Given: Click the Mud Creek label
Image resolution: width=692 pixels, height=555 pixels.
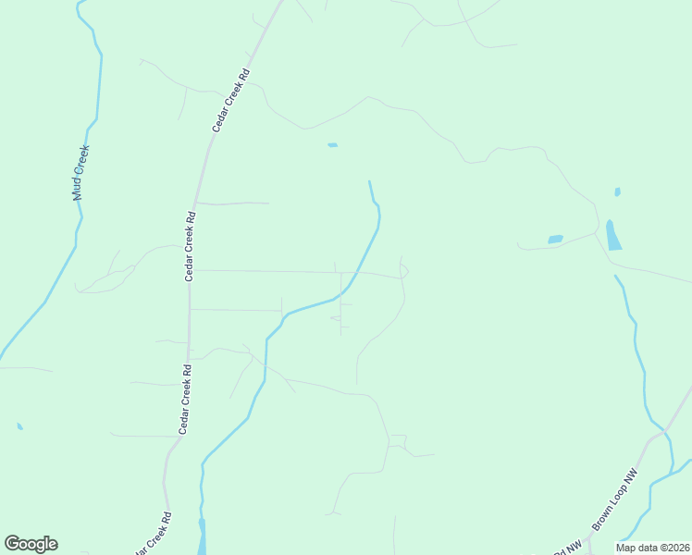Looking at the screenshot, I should click(x=80, y=173).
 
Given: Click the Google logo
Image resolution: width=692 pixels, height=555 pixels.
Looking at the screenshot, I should click(x=31, y=544).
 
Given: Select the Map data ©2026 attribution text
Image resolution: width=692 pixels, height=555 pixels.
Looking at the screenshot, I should click(x=652, y=548).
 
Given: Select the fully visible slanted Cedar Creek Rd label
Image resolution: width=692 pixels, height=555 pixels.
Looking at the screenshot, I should click(x=231, y=97).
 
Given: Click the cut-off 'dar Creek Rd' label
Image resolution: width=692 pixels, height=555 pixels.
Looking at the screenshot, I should click(x=154, y=535).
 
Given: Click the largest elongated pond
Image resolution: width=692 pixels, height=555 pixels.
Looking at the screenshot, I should click(x=612, y=236).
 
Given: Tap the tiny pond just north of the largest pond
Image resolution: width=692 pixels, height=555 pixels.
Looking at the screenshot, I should click(x=617, y=192).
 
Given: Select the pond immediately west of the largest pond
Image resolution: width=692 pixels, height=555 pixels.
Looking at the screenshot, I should click(x=555, y=240).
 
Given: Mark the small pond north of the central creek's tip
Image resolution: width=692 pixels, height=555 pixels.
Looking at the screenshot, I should click(x=332, y=145).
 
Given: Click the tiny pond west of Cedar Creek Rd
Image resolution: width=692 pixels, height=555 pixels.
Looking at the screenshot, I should click(x=19, y=426).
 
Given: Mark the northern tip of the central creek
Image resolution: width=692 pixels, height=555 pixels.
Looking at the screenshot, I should click(x=369, y=181).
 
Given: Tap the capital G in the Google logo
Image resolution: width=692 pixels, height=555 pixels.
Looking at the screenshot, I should click(x=13, y=544).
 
